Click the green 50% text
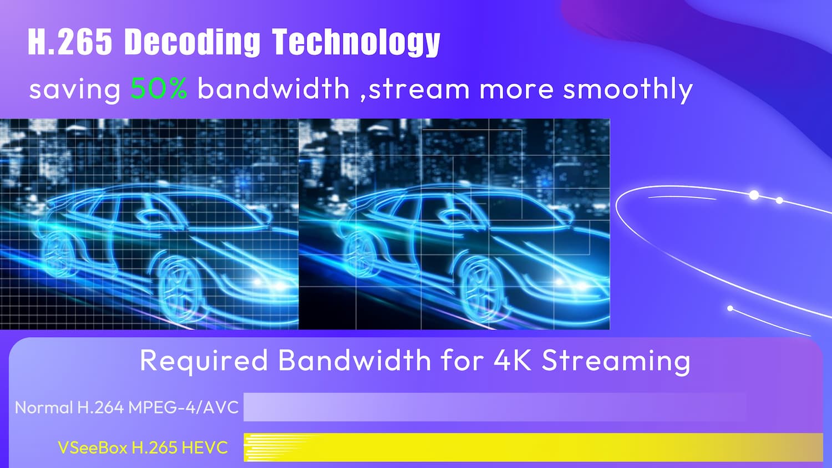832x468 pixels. click(x=159, y=88)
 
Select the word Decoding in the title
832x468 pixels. click(x=192, y=43)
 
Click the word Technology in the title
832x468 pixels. click(x=356, y=43)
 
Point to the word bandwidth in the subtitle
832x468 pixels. click(x=274, y=88)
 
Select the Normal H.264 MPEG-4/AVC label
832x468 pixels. click(x=126, y=408)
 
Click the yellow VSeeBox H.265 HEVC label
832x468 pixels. click(x=143, y=447)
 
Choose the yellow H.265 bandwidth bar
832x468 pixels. click(x=533, y=447)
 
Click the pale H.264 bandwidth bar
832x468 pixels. click(x=495, y=407)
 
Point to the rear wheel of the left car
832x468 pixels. click(x=59, y=250)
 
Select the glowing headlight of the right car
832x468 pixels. click(x=572, y=284)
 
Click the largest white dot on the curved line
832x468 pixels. click(x=754, y=195)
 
